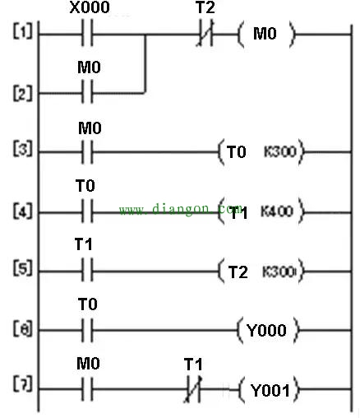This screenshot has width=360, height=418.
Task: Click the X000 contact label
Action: click(x=90, y=7)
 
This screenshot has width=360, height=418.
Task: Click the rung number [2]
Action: click(x=22, y=93)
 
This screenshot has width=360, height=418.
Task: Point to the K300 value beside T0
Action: click(x=280, y=151)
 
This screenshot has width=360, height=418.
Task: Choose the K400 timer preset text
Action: click(x=277, y=211)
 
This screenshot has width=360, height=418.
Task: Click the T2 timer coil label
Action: click(x=238, y=272)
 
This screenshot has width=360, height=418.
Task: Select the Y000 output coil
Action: click(x=268, y=330)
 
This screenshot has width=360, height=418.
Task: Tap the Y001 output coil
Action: click(x=270, y=390)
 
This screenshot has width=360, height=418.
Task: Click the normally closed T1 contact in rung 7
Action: click(x=193, y=389)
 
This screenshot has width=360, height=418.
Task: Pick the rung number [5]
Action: click(x=22, y=268)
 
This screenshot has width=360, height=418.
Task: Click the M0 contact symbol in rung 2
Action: click(x=87, y=92)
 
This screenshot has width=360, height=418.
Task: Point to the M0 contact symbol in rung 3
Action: click(x=87, y=152)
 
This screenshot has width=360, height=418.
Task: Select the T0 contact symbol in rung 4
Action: click(x=87, y=211)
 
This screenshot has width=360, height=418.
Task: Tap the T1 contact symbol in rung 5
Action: click(x=87, y=270)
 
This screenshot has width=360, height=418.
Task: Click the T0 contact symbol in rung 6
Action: click(x=87, y=330)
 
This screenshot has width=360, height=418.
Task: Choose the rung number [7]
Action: click(x=22, y=383)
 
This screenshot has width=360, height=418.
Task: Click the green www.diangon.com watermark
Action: click(x=181, y=209)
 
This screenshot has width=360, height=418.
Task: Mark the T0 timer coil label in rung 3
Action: click(x=237, y=152)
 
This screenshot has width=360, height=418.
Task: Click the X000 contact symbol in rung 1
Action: click(x=87, y=33)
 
